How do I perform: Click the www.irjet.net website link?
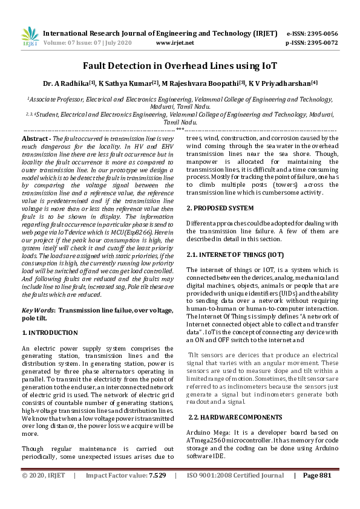point(175,44)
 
